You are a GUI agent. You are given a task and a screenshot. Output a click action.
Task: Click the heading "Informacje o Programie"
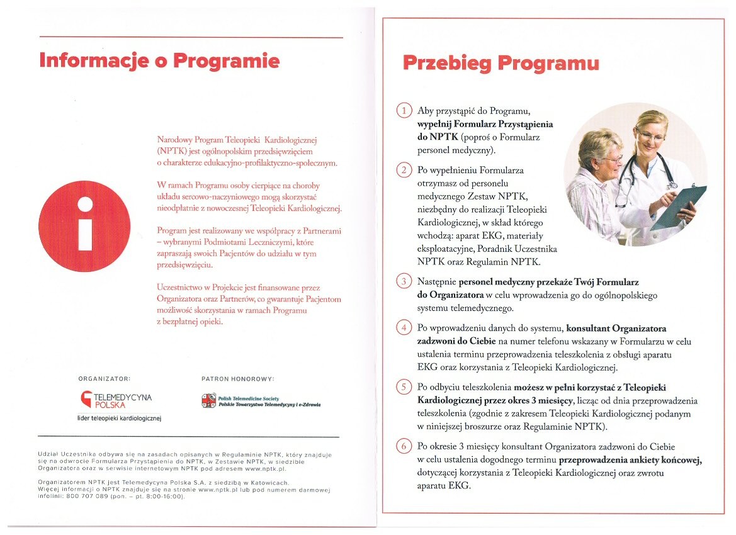[x=159, y=61]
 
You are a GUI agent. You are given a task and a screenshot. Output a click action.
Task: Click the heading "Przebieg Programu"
[x=501, y=64]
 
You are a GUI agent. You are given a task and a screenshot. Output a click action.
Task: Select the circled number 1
[x=404, y=111]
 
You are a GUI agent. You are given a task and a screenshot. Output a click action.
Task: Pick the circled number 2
[x=404, y=170]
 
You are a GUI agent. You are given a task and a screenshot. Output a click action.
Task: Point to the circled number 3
[x=404, y=281]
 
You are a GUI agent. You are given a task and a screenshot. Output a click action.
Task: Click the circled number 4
[x=404, y=328]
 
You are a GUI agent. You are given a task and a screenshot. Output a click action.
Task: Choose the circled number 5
[x=404, y=386]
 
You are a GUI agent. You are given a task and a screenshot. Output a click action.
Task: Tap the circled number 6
[x=404, y=446]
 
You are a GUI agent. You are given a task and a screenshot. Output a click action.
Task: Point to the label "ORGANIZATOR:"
[x=104, y=379]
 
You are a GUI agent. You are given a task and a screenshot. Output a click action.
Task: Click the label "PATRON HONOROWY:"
[x=238, y=379]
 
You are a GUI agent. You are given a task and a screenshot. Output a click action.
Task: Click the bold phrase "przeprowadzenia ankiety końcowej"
[x=630, y=459]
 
